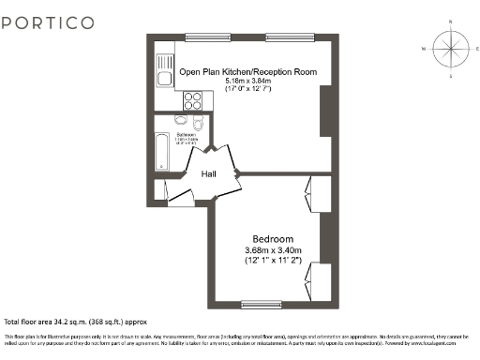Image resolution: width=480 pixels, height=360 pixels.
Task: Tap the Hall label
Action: pyautogui.click(x=209, y=174)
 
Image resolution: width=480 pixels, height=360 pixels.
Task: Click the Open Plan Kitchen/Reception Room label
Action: pyautogui.click(x=247, y=72)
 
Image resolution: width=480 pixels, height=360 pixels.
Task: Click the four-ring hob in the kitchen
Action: pyautogui.click(x=193, y=100)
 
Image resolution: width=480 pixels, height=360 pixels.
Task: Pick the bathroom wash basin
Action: pyautogui.click(x=179, y=121)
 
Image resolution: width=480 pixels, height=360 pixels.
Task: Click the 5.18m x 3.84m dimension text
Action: pyautogui.click(x=247, y=82)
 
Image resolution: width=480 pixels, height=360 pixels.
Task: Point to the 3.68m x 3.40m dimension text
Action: pyautogui.click(x=273, y=249)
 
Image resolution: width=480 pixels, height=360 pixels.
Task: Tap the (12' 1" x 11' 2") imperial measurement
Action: pyautogui.click(x=273, y=260)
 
